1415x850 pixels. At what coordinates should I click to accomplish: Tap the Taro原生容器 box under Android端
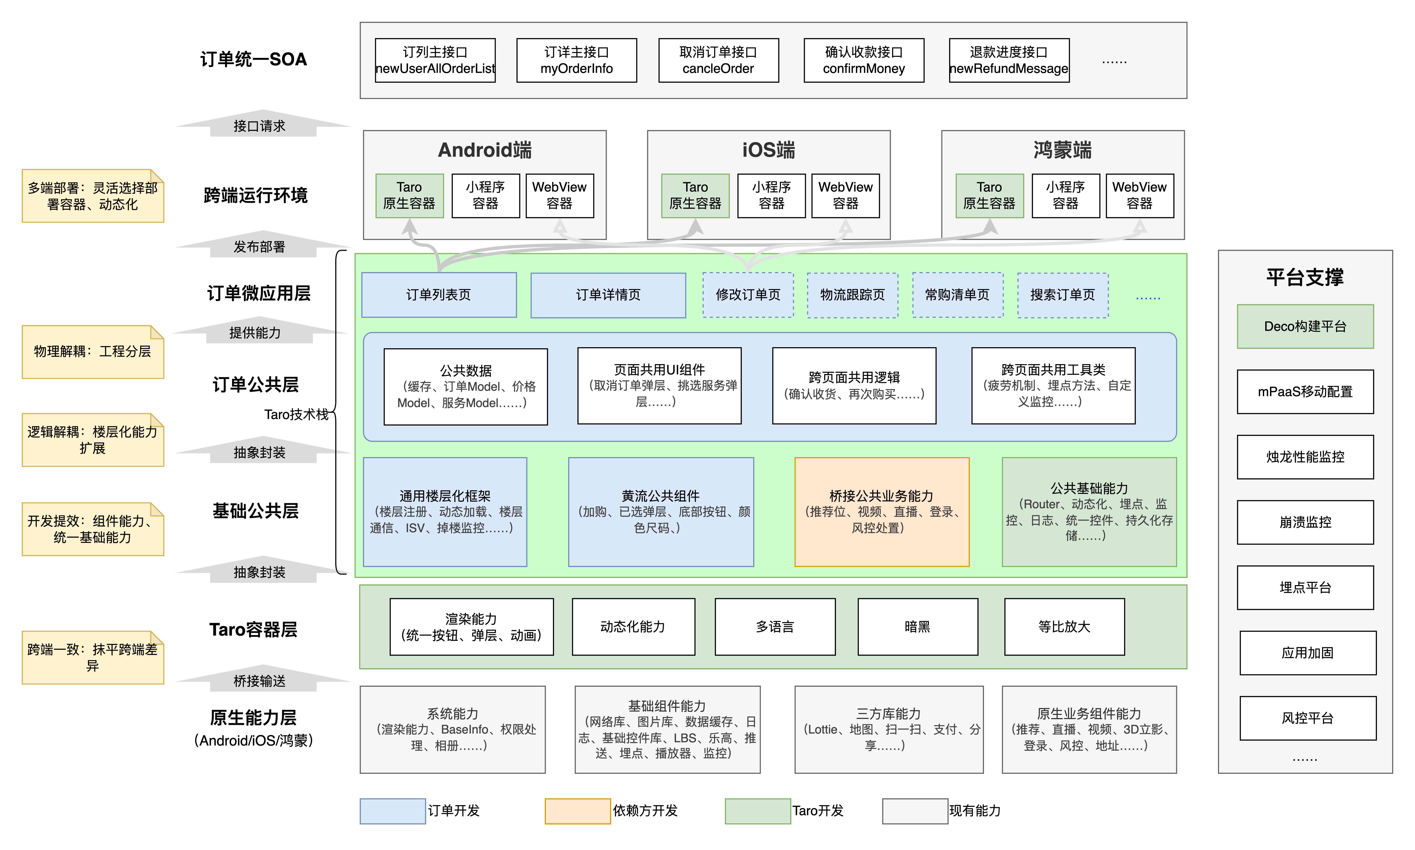click(x=409, y=195)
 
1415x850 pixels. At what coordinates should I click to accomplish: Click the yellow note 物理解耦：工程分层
click(x=92, y=352)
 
